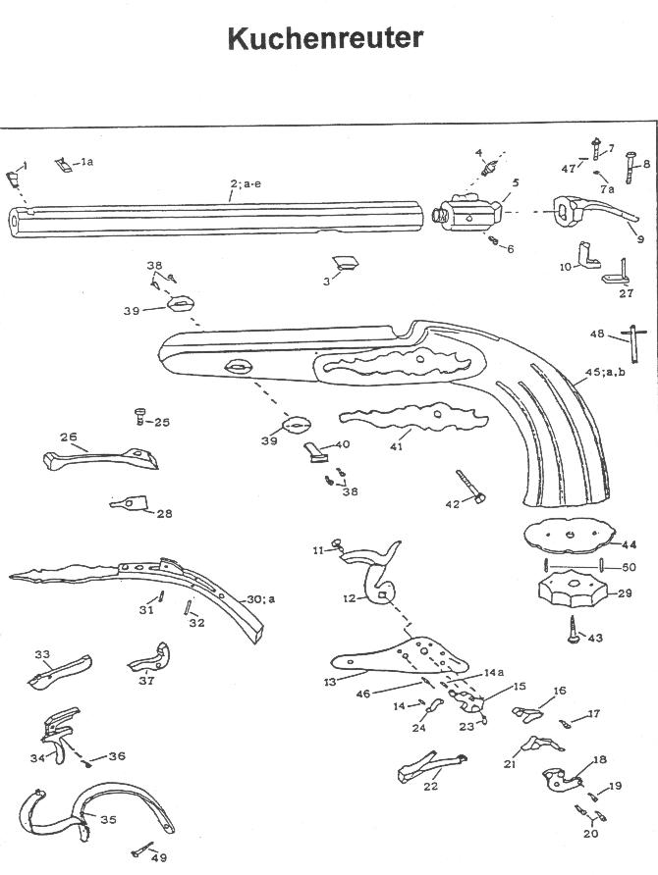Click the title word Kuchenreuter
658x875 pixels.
(325, 38)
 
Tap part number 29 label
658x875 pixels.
(625, 592)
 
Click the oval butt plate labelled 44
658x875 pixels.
(570, 536)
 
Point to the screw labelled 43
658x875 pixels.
(574, 630)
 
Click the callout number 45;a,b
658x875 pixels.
(605, 372)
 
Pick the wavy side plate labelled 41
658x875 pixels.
(413, 417)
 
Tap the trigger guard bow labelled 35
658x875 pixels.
(96, 811)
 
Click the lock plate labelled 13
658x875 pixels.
(400, 657)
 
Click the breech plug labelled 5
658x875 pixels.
(468, 213)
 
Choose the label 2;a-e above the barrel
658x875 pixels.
(246, 183)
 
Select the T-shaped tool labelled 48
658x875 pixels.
(634, 343)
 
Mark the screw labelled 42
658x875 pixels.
(470, 486)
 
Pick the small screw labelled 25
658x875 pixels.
(140, 416)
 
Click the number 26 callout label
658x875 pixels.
(69, 437)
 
